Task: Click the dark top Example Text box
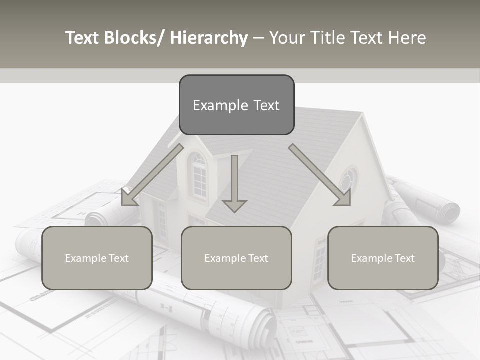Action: [236, 105]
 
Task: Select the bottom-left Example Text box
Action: [97, 258]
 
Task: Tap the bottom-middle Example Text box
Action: [236, 258]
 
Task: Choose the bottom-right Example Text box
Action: [383, 258]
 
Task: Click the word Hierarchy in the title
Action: [209, 38]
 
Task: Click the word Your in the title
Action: [286, 38]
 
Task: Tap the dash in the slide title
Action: [258, 38]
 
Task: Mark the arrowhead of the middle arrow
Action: [234, 205]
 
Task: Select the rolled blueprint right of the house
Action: [430, 200]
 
